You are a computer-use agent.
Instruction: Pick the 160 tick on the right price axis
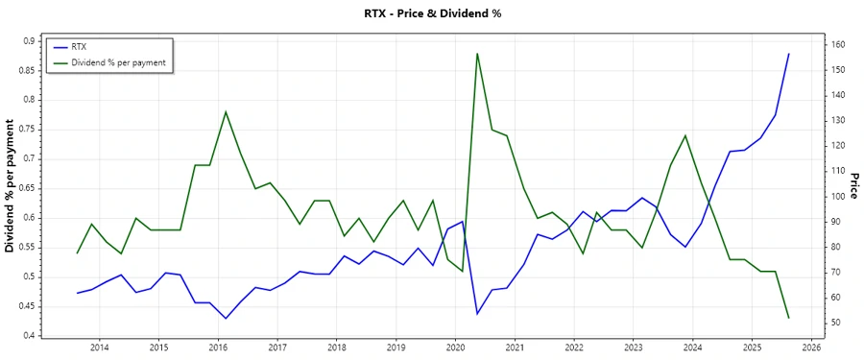coord(812,45)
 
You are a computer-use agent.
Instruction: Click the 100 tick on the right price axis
coord(812,196)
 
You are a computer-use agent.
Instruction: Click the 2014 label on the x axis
coord(100,348)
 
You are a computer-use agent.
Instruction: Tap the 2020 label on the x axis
coord(455,348)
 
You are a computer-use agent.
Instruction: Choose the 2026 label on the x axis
coord(810,348)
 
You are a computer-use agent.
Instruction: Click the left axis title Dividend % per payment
coord(11,188)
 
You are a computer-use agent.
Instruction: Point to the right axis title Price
coord(852,188)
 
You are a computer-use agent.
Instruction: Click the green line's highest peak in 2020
coord(477,54)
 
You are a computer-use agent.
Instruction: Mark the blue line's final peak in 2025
coord(788,54)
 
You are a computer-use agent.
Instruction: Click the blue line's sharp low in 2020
coord(477,314)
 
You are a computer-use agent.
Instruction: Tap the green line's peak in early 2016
coord(226,111)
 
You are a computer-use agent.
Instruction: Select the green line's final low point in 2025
coord(788,318)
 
